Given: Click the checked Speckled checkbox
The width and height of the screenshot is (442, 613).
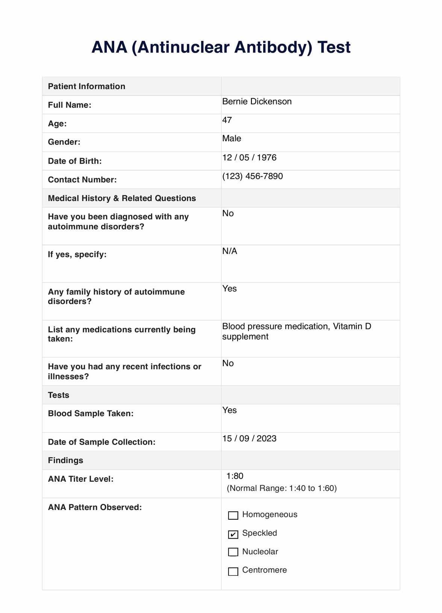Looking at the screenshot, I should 233,534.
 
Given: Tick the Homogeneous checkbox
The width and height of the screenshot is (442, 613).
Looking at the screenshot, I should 233,515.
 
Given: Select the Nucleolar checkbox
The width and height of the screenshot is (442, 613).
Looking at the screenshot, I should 233,552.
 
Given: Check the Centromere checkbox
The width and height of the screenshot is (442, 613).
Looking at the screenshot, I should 233,571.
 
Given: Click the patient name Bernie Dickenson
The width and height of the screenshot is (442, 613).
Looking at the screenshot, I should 257,102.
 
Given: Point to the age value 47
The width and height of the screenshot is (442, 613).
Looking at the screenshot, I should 227,120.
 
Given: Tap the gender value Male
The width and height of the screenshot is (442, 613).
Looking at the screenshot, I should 232,138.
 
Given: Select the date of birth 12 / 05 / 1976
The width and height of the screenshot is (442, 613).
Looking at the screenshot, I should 249,158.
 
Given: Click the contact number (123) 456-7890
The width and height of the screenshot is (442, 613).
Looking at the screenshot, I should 252,176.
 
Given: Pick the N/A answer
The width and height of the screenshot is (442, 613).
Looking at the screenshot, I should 230,251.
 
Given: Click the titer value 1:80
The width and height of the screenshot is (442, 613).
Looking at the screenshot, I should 235,476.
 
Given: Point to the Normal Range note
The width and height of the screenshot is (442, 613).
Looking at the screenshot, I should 282,488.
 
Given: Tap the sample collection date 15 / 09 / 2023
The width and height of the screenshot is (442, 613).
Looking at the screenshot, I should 249,439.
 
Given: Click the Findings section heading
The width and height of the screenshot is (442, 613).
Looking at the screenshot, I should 65,460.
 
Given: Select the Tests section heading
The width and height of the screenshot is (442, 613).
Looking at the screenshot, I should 59,395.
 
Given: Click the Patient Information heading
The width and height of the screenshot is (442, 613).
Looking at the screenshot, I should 86,86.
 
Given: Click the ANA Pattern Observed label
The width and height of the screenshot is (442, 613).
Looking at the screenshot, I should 95,507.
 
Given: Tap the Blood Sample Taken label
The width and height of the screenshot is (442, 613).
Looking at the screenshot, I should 91,413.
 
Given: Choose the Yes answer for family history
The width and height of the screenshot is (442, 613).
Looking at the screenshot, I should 229,288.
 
